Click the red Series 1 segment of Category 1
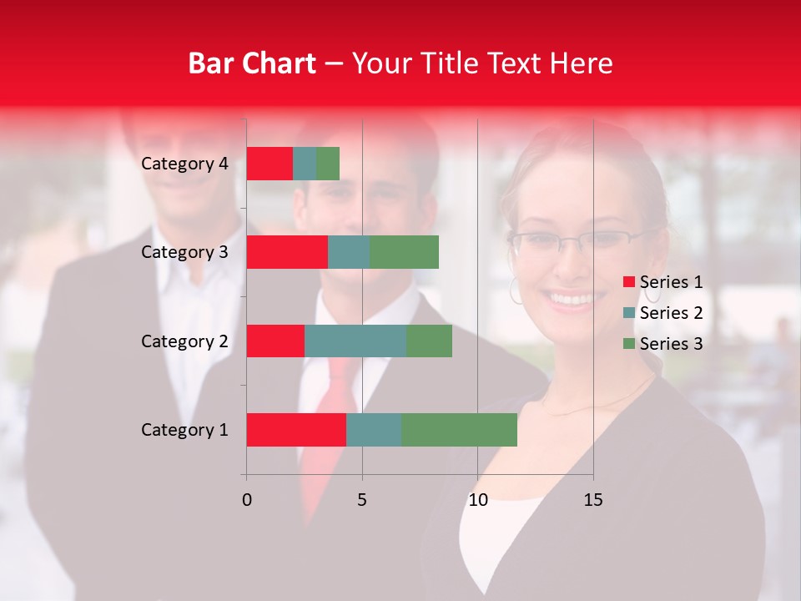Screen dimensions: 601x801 296,429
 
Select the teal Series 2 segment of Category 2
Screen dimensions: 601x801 355,341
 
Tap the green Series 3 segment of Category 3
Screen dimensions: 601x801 404,252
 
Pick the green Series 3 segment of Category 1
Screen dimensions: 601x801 459,429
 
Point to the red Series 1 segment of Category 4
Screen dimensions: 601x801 270,163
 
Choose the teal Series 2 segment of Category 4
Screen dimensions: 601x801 305,163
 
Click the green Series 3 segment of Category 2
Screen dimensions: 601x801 429,341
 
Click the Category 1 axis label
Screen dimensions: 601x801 184,430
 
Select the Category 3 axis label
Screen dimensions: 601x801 184,252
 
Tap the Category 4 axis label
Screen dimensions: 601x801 184,164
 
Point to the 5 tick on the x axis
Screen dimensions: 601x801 362,500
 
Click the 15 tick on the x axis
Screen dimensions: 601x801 592,500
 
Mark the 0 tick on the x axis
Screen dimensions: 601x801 247,500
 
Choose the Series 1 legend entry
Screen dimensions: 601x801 671,282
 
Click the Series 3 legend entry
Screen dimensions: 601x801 671,344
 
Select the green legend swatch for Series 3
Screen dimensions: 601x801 629,344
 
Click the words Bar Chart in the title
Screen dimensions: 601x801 252,63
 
